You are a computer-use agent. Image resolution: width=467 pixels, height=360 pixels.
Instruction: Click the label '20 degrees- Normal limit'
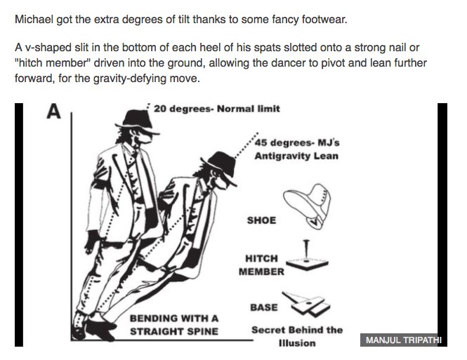(216, 109)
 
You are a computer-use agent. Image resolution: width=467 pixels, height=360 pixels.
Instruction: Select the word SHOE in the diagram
(261, 220)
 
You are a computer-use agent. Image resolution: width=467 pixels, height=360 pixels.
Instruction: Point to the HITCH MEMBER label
(261, 265)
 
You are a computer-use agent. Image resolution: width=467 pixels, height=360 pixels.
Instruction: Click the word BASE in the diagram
(263, 307)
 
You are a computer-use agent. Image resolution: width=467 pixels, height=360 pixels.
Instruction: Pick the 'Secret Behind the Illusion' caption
(296, 336)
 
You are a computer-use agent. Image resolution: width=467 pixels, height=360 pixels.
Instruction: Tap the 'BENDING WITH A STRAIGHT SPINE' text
(174, 324)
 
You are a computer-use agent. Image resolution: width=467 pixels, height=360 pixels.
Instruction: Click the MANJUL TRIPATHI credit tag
(402, 340)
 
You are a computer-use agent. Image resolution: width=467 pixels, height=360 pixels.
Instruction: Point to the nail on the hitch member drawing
(307, 250)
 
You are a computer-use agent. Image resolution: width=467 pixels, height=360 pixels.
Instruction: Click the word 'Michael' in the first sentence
(34, 18)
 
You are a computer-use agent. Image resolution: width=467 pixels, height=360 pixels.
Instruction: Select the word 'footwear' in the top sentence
(323, 18)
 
